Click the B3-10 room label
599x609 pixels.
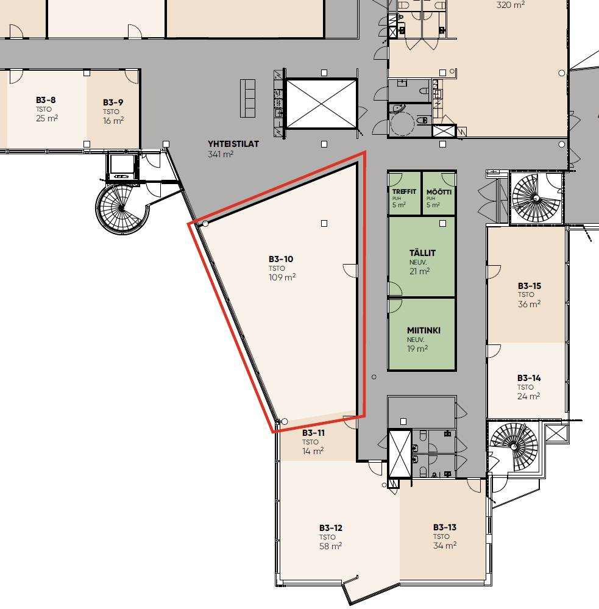[281, 259]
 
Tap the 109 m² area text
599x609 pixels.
[282, 277]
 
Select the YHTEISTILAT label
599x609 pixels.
[233, 144]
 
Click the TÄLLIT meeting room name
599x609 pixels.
[422, 253]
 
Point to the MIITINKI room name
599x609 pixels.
[424, 330]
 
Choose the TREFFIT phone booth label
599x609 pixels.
[404, 191]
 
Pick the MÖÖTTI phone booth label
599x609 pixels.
[439, 192]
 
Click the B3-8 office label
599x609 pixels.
[46, 100]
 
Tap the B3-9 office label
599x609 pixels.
[113, 102]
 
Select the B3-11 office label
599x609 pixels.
[313, 433]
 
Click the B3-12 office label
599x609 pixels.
[331, 528]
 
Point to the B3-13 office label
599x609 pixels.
[445, 527]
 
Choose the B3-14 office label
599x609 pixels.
[529, 378]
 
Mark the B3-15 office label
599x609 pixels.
[530, 286]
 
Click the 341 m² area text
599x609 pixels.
[221, 154]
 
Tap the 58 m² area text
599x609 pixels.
[330, 546]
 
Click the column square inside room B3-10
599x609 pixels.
[324, 223]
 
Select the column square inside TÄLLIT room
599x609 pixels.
[442, 223]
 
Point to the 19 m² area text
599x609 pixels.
[417, 349]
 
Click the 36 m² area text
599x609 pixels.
[529, 304]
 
